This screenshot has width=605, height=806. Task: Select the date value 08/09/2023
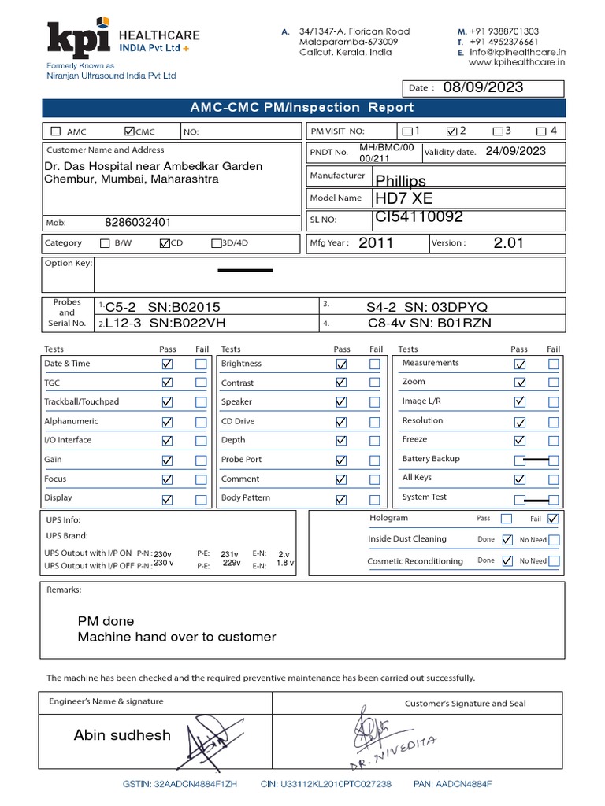482,87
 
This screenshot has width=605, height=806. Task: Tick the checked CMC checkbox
130,131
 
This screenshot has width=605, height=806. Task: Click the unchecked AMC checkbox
55,131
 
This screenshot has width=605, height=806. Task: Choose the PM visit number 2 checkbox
451,131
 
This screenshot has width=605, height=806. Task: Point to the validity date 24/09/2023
515,151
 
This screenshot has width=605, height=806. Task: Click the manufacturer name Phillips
401,181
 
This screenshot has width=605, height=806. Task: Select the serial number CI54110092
419,217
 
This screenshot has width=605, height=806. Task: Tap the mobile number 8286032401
138,223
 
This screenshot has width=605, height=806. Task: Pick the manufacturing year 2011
376,243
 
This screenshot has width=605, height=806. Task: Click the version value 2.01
508,243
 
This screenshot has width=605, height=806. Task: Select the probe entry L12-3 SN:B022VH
163,323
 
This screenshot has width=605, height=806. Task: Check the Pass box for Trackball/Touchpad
167,402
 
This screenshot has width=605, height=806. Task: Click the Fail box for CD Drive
375,421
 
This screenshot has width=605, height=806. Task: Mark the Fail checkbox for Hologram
553,518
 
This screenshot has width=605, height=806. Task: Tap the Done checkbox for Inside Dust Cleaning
507,540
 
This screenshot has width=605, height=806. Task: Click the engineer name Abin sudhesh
122,735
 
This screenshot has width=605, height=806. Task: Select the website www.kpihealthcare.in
517,62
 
